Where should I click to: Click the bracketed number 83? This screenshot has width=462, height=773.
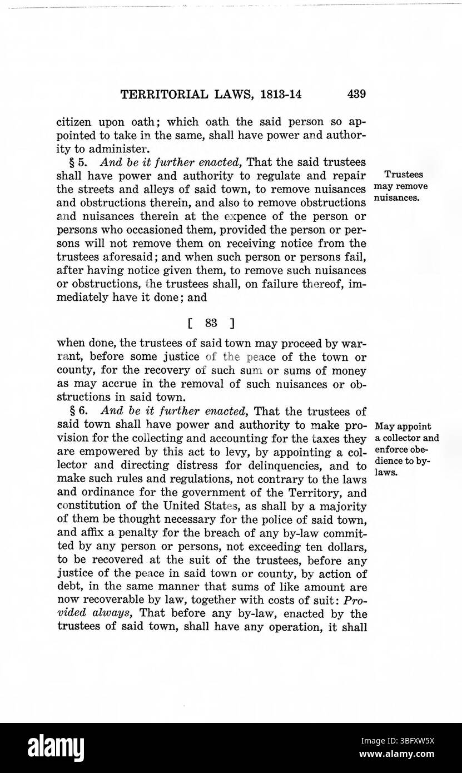[211, 322]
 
